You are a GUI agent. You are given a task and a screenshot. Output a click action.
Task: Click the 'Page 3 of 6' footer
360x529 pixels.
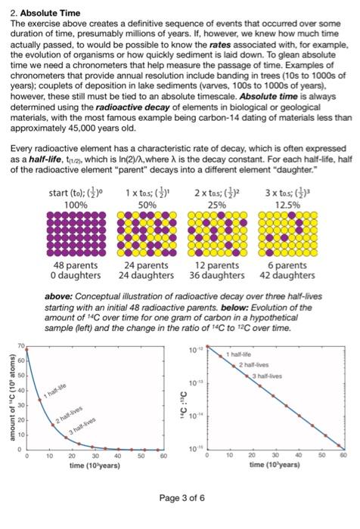point(180,497)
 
